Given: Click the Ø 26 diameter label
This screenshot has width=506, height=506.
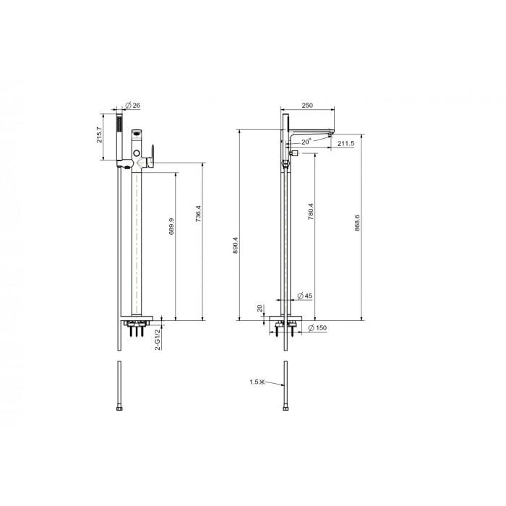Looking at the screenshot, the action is (132, 106).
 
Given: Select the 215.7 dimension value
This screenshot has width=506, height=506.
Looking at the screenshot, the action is (100, 135).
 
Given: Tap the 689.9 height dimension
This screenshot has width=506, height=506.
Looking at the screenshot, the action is (172, 226).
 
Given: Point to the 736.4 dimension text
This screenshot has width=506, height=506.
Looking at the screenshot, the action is (198, 214).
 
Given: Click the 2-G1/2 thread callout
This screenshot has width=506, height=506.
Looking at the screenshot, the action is (158, 340).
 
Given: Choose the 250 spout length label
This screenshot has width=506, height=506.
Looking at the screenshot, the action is (307, 106).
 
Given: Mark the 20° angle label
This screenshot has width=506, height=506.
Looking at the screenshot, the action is (306, 142).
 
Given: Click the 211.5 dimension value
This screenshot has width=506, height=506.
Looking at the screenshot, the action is (346, 144).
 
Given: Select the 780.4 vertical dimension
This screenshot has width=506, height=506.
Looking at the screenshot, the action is (310, 211).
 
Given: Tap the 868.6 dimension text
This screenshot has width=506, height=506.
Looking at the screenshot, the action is (357, 223).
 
